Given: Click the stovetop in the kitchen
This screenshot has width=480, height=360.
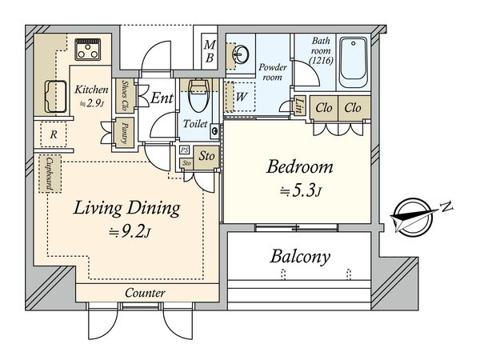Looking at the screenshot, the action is [x=88, y=50].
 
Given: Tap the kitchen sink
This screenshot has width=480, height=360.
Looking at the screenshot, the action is [x=55, y=97].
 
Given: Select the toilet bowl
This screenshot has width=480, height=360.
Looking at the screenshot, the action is [x=198, y=95].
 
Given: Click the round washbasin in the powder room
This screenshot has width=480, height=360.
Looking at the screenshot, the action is [x=241, y=54].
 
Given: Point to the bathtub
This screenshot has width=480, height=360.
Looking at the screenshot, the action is [x=354, y=62].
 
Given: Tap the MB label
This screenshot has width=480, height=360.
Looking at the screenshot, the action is [x=210, y=51].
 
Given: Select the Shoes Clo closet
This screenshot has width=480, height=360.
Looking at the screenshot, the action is [x=125, y=96].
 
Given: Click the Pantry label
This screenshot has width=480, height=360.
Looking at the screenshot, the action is [x=124, y=133].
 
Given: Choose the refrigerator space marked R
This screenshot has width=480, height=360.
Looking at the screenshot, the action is [x=54, y=134].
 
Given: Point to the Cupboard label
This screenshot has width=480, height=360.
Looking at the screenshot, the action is [x=49, y=174].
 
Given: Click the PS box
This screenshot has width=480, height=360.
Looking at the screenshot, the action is [x=184, y=150].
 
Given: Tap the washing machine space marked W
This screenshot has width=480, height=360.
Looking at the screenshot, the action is [x=241, y=97].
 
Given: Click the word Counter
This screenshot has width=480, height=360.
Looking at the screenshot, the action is [x=145, y=293].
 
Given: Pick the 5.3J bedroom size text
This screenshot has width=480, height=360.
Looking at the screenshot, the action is [x=300, y=191].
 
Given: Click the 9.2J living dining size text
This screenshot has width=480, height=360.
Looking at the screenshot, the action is [x=130, y=232].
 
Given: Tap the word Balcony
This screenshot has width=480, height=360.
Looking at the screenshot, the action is [x=300, y=257].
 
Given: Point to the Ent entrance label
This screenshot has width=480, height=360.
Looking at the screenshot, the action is [x=162, y=98].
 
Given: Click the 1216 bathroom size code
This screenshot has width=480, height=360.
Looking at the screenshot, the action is [x=321, y=60].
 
